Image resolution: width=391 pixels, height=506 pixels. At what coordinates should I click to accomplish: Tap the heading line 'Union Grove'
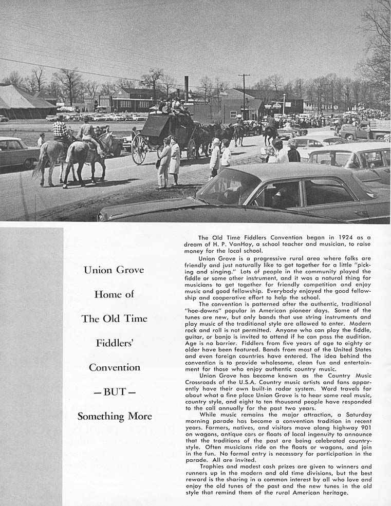click(114, 270)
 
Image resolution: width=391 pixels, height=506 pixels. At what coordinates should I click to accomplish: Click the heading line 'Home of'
click(114, 294)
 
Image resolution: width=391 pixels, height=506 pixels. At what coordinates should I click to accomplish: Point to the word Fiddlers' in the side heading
click(114, 343)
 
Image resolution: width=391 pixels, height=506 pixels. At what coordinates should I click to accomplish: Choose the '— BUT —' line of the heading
click(114, 391)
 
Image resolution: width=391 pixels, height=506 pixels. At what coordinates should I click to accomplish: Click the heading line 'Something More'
click(114, 416)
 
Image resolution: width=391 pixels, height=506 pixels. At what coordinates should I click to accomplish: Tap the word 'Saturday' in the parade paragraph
click(353, 414)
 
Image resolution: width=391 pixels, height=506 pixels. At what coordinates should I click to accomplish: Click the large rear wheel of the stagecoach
click(139, 149)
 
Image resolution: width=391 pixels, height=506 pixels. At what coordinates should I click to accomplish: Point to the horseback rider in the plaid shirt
click(61, 128)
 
